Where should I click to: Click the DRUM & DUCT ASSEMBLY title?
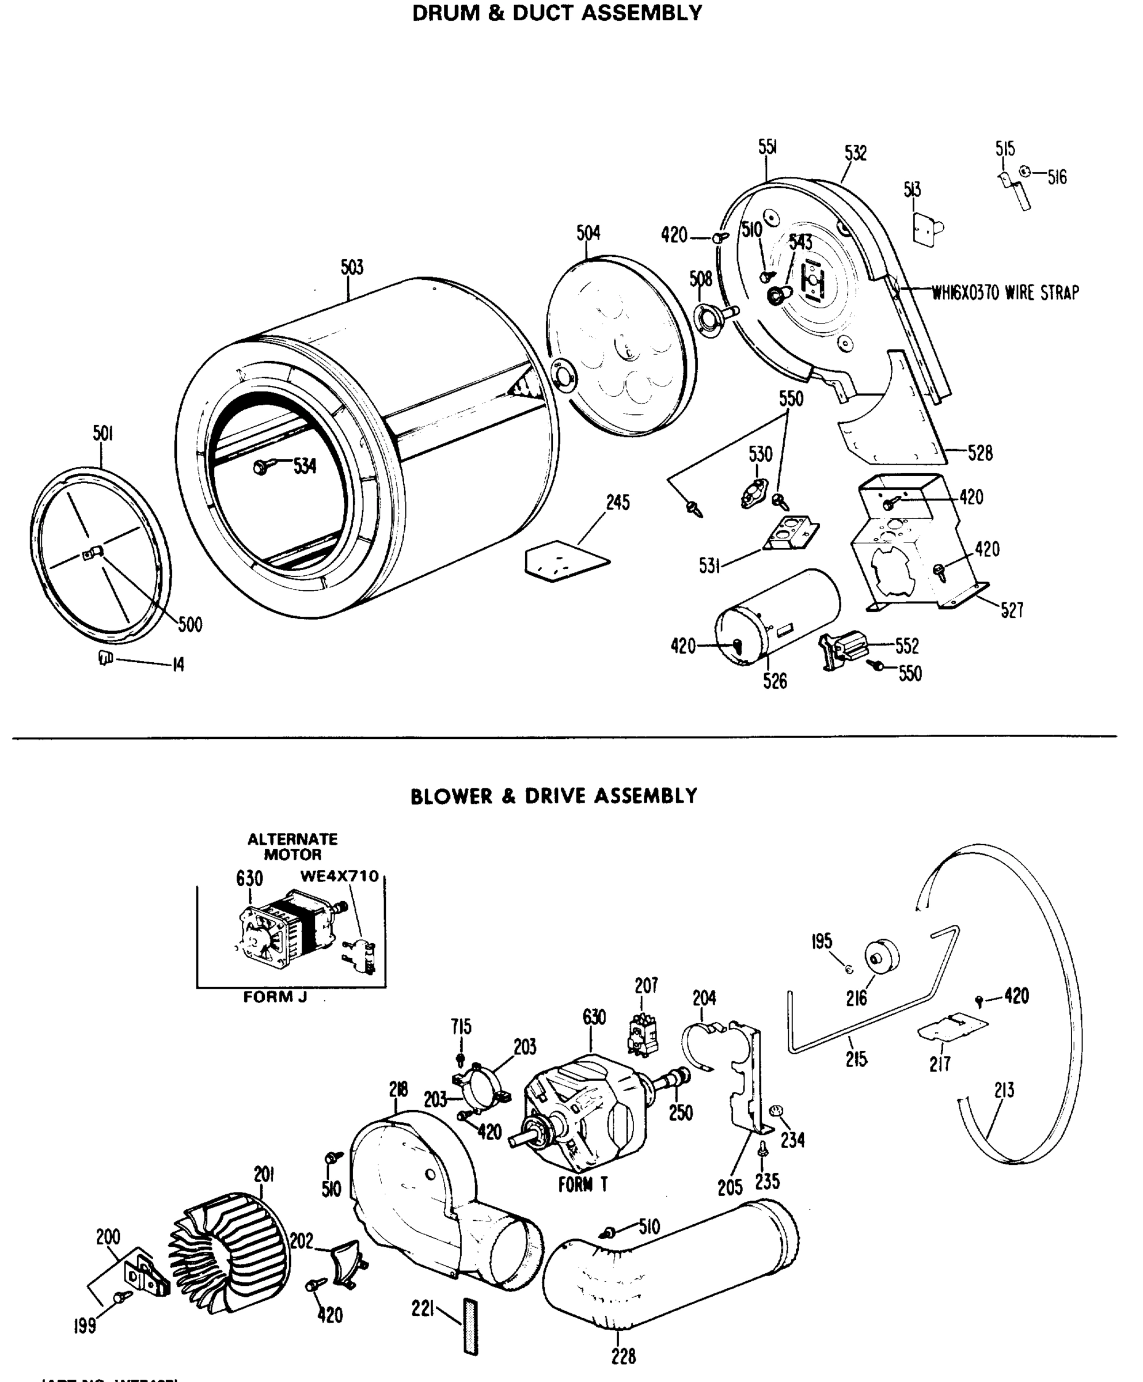[557, 13]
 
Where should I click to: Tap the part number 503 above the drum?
[352, 267]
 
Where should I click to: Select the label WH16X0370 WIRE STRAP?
[1005, 292]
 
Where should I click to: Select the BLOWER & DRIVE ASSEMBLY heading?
[553, 796]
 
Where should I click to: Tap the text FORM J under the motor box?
[275, 997]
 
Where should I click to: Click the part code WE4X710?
[340, 876]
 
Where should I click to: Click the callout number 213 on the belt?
[1004, 1090]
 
